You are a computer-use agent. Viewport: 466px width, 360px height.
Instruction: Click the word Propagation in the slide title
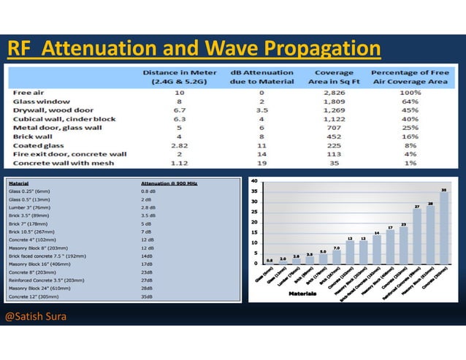click(323, 49)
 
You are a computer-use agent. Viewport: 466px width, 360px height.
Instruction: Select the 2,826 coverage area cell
click(334, 93)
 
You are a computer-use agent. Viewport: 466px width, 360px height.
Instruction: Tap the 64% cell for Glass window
click(409, 102)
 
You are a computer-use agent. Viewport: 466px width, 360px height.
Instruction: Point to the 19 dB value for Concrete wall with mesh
click(261, 163)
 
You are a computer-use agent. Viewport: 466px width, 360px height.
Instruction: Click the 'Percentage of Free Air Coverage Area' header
click(410, 77)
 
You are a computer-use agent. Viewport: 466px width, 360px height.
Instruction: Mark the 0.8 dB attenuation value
click(147, 191)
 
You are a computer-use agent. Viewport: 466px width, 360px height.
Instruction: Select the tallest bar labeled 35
click(445, 226)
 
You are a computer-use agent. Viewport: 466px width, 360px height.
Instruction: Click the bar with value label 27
click(417, 235)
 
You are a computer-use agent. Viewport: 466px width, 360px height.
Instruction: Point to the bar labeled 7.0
click(337, 256)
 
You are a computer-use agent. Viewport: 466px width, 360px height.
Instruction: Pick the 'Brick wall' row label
click(31, 137)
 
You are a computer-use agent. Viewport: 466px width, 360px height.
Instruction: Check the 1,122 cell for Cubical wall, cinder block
click(334, 119)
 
